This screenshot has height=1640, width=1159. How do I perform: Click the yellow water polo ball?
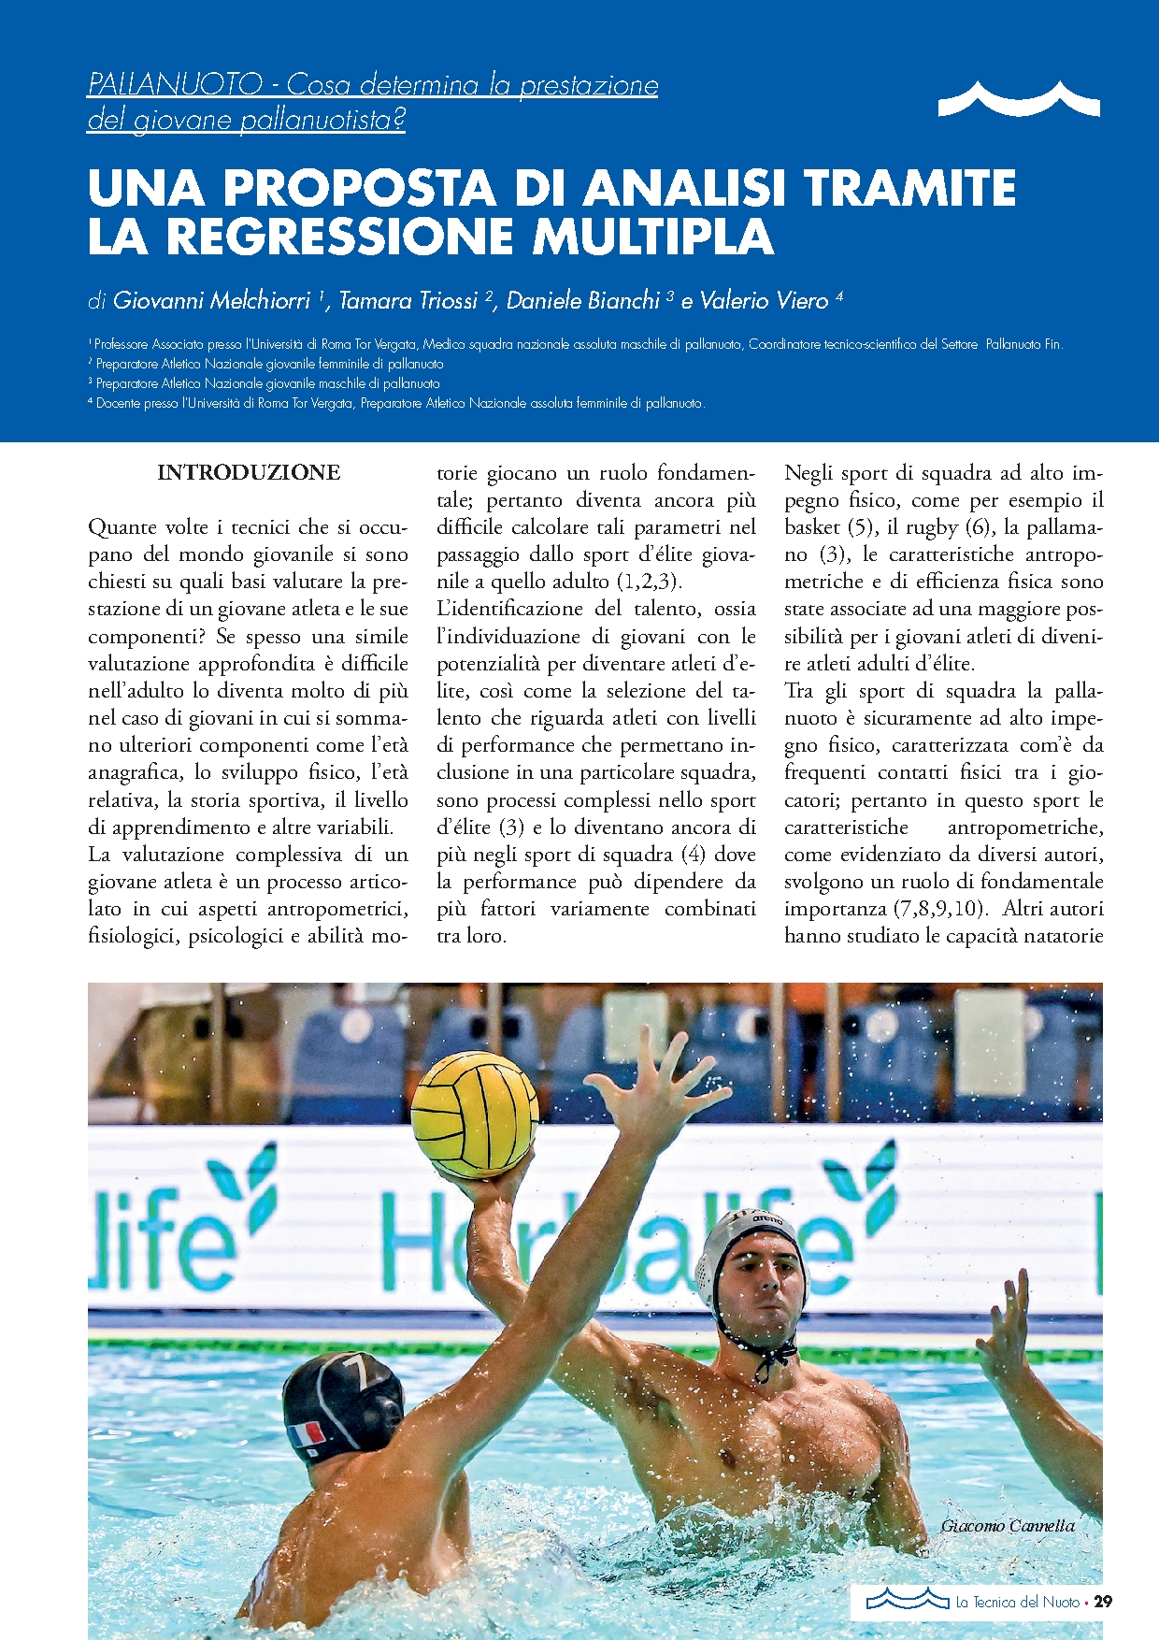(474, 1115)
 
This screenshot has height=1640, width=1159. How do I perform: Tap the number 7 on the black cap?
(356, 1373)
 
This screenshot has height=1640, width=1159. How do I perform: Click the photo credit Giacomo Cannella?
(1007, 1526)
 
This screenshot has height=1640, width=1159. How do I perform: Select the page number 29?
(1103, 1602)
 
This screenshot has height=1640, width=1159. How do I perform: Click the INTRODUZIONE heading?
(249, 472)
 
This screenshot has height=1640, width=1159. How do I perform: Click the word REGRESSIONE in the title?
(342, 236)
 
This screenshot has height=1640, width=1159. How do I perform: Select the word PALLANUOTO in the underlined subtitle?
(174, 85)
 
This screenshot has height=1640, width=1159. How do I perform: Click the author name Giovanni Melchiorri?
(211, 300)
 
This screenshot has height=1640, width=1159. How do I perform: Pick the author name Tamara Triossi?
(408, 300)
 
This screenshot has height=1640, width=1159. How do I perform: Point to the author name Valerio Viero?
(764, 300)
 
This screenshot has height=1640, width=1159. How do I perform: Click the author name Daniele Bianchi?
(583, 300)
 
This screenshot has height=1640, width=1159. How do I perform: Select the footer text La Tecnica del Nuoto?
(1017, 1602)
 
